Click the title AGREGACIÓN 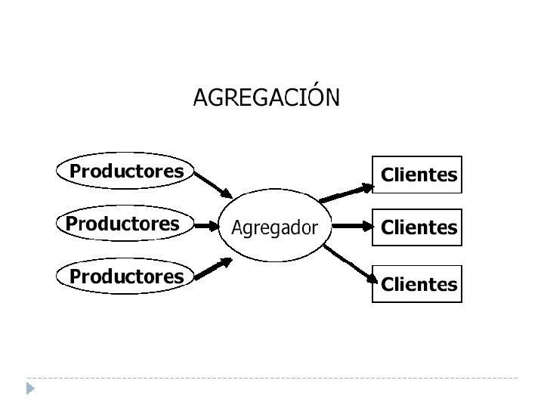point(267,98)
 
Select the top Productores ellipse point(126,172)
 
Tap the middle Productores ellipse point(123,224)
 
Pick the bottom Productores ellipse point(126,277)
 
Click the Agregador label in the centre point(274,227)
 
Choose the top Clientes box point(418,175)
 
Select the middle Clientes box point(418,227)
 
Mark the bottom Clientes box point(418,284)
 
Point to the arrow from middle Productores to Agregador point(206,225)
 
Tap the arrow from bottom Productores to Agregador point(213,269)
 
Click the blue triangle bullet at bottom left point(29,388)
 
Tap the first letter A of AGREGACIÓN point(201,98)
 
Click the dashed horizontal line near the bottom point(272,377)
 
